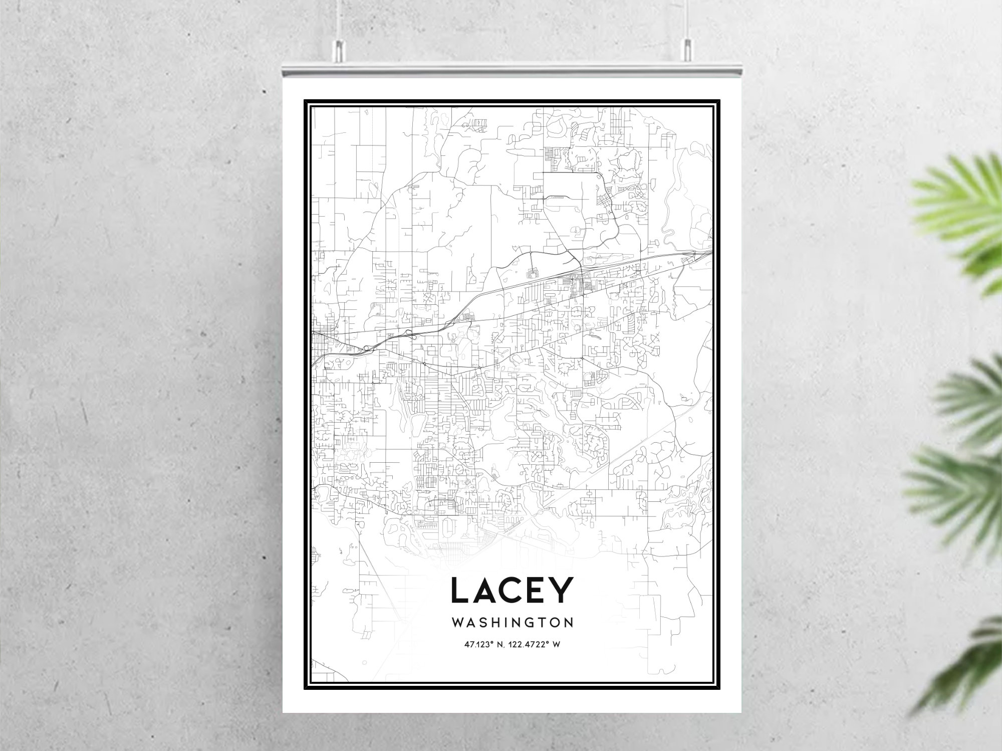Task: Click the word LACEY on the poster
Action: pos(512,591)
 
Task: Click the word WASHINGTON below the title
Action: pos(512,623)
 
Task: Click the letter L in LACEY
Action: pos(460,591)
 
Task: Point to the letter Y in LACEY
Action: pos(561,591)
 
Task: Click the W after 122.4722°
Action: pos(556,644)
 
